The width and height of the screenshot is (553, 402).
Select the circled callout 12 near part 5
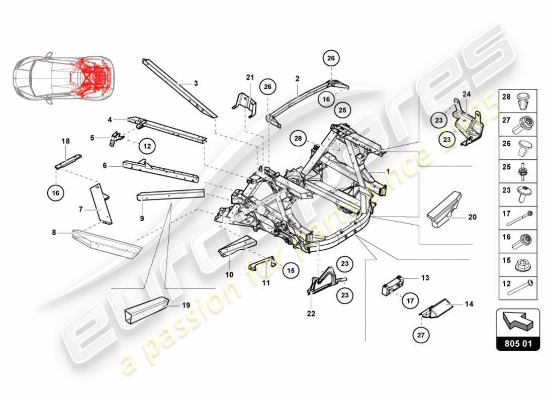[147, 146]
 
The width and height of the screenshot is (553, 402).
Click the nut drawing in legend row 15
[524, 262]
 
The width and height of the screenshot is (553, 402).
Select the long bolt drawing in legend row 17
[524, 218]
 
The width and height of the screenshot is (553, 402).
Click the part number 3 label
[196, 83]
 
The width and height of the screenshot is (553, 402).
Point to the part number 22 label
[311, 314]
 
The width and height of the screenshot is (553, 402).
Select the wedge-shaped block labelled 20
[444, 211]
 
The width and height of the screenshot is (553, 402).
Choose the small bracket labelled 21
[245, 104]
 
